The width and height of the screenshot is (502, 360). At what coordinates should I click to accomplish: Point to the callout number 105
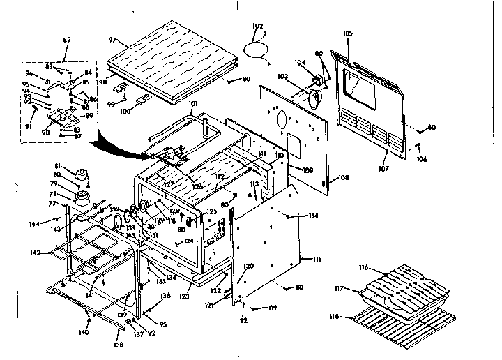tap(349, 33)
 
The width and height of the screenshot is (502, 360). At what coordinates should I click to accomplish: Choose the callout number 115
tap(317, 259)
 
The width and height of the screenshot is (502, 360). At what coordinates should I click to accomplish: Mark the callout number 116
tap(363, 268)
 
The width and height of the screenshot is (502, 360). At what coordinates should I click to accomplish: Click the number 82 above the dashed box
tap(67, 40)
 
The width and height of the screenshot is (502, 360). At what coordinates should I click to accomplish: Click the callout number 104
tap(301, 63)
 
